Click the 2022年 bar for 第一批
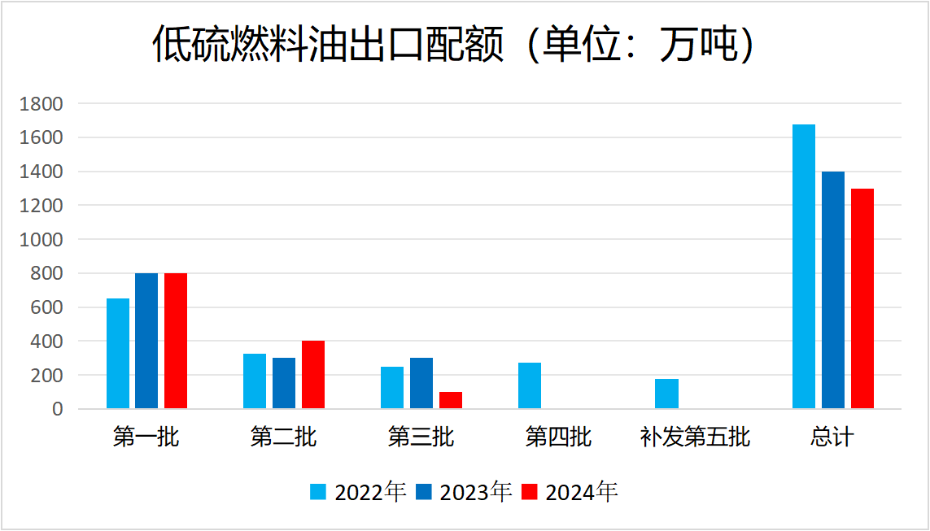(118, 354)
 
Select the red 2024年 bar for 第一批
(176, 341)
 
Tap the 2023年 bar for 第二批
(284, 383)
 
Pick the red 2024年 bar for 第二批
(313, 375)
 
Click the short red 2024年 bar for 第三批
(451, 400)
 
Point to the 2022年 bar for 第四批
(530, 385)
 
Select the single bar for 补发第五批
(666, 394)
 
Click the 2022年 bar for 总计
(804, 267)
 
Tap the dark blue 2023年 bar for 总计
(833, 290)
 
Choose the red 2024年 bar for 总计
(862, 298)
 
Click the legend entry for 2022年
(358, 492)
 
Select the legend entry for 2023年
(463, 492)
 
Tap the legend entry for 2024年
(569, 492)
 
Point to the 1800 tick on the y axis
(41, 104)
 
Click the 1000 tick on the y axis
(41, 240)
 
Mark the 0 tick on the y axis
(57, 409)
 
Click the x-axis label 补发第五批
(694, 437)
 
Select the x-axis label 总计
(832, 437)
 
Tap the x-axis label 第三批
(421, 437)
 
